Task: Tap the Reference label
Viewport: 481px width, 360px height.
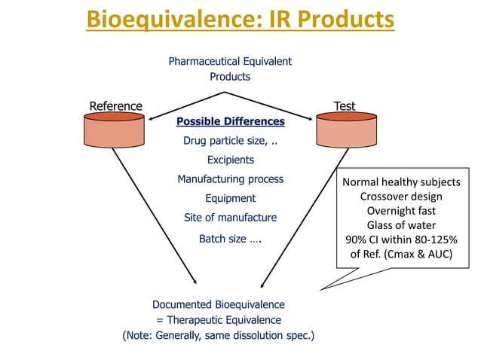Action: [115, 106]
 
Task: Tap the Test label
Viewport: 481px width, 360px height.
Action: [345, 106]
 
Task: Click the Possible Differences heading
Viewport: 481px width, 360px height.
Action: [230, 121]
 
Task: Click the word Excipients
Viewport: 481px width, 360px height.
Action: [230, 160]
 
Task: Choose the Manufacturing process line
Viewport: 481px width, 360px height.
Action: [230, 179]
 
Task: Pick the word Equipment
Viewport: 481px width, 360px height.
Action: [230, 198]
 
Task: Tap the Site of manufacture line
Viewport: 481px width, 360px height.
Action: [230, 218]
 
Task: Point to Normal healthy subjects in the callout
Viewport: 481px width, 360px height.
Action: [401, 182]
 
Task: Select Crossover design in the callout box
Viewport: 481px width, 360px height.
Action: [401, 197]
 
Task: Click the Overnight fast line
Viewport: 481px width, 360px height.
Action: [401, 211]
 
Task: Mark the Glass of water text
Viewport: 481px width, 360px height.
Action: [401, 225]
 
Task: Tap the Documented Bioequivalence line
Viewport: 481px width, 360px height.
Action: [219, 305]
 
